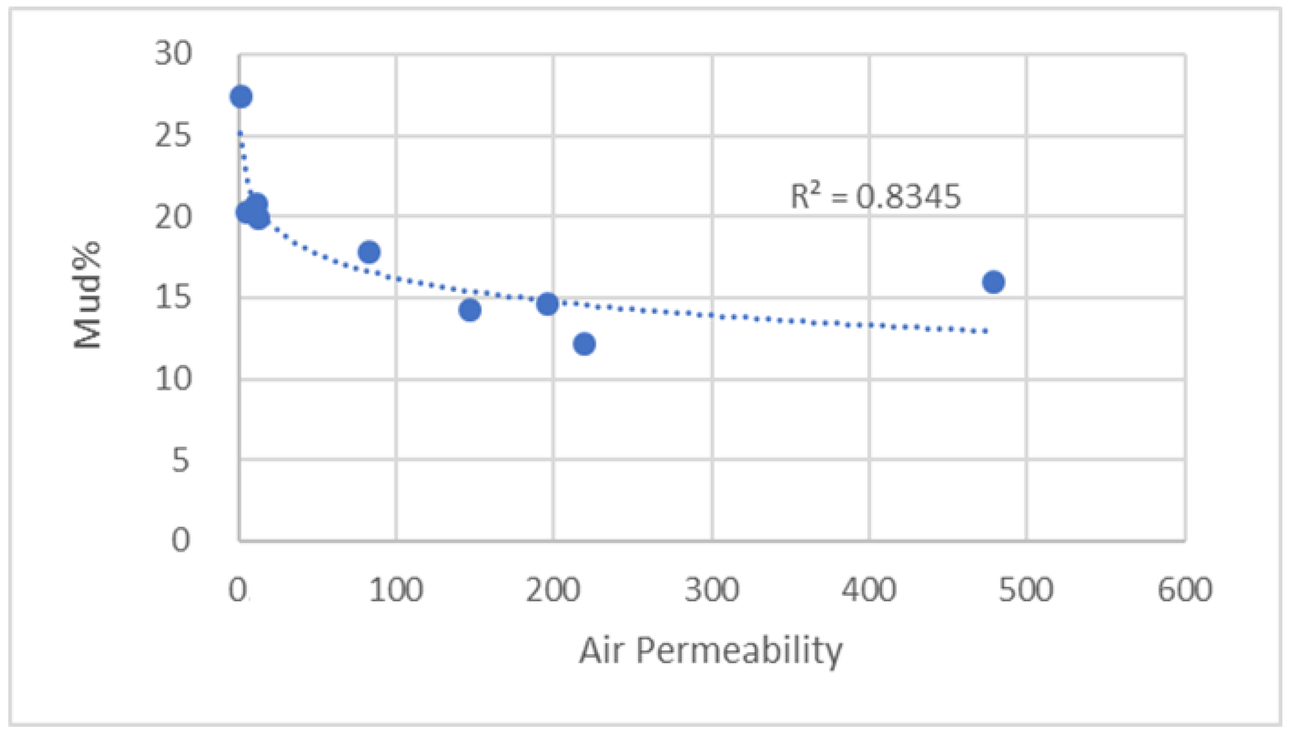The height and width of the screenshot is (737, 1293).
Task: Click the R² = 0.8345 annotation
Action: [875, 197]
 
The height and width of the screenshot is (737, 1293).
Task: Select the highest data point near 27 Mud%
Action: [241, 96]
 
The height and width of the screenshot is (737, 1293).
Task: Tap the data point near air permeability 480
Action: [993, 282]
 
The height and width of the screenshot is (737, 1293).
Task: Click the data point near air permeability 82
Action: [369, 252]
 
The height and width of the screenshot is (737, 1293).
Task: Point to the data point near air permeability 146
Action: [470, 310]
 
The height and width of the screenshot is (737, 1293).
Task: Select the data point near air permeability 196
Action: [548, 304]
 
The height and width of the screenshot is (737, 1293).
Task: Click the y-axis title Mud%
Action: [87, 297]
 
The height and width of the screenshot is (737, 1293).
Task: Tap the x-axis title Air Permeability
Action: [710, 650]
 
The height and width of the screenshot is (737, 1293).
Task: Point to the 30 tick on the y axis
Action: [174, 53]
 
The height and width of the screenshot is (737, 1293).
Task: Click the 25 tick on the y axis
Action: [174, 136]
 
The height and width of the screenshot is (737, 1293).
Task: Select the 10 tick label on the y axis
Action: [174, 379]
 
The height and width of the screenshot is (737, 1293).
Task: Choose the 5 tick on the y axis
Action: [181, 460]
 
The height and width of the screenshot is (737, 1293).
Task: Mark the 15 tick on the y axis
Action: [174, 297]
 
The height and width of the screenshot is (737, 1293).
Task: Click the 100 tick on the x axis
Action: [395, 590]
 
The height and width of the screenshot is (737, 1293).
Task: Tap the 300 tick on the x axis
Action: [711, 590]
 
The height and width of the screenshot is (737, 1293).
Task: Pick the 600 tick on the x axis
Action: [1185, 590]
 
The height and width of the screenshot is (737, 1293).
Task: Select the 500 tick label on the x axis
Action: [1026, 590]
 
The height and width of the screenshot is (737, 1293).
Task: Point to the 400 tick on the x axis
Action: [869, 590]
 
